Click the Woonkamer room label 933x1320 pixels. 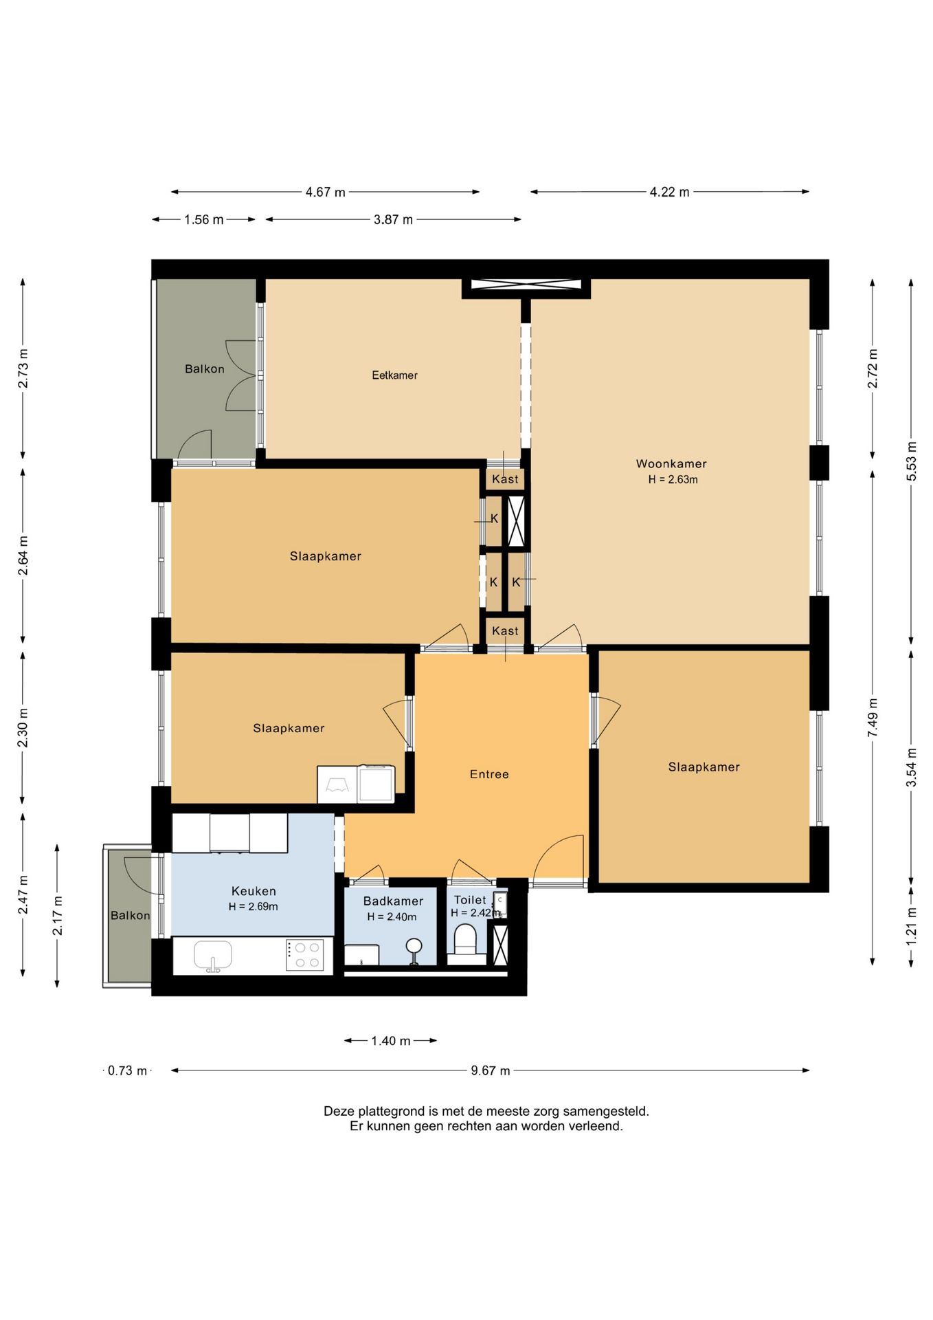point(671,464)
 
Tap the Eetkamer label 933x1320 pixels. point(394,375)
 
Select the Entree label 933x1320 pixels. point(489,774)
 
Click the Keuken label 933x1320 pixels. point(254,891)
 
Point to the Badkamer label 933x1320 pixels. point(393,901)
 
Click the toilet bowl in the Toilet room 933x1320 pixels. point(465,939)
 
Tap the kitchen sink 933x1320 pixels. point(213,956)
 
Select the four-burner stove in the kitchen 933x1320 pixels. point(305,955)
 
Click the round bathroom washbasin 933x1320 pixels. point(414,947)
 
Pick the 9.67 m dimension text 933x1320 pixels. point(491,1070)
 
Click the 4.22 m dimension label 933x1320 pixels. point(669,192)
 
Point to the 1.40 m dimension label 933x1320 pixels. point(390,1041)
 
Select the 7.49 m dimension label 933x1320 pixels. point(873,718)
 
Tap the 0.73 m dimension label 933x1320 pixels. point(128,1070)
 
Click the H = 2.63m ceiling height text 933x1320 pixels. point(673,480)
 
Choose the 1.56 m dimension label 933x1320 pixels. point(203,220)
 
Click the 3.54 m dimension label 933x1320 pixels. point(911,768)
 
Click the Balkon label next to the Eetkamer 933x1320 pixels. point(205,369)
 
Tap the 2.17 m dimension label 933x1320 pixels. point(58,916)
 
